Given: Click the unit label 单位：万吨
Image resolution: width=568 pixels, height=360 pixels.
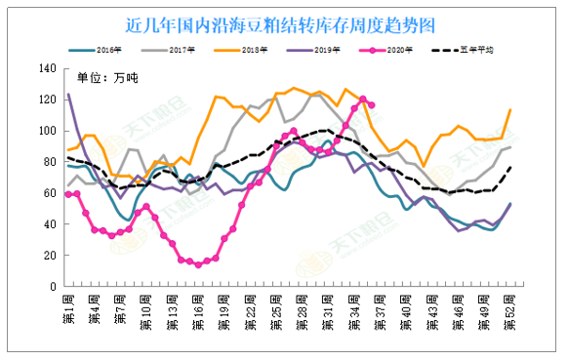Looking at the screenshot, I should click(108, 77).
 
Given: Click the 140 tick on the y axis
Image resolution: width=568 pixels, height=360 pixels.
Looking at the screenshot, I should click(47, 68).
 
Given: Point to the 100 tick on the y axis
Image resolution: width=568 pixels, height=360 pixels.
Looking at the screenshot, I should click(47, 131).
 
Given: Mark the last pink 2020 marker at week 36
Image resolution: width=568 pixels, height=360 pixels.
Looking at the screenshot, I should click(372, 105).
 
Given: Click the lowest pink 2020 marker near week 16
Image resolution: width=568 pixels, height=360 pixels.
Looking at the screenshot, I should click(198, 264).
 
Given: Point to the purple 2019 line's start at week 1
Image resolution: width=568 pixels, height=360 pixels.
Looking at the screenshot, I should click(68, 95).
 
